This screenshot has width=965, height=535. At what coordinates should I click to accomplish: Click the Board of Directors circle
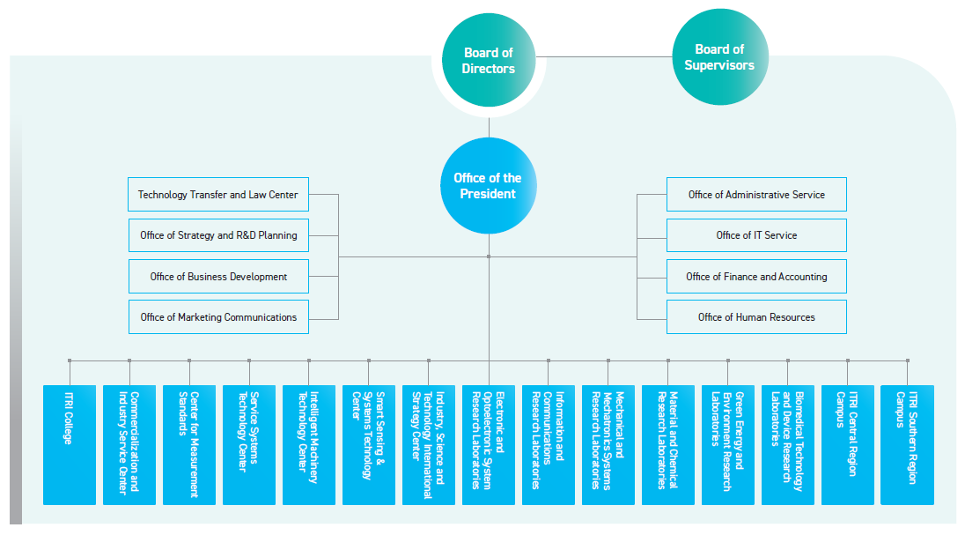coord(488,60)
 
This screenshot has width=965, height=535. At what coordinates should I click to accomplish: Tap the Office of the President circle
coord(488,186)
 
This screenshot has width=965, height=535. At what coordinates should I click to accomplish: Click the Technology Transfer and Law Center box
coord(218,195)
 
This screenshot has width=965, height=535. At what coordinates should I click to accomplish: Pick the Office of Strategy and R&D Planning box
coord(218,235)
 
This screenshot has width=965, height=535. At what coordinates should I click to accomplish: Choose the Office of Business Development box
coord(218,277)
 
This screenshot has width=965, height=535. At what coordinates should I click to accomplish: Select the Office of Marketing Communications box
coord(218,317)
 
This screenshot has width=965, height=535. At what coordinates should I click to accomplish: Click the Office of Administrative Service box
coord(756,195)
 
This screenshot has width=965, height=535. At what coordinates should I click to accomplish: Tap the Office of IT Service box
coord(756,235)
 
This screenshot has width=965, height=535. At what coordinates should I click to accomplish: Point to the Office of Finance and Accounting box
coord(756,277)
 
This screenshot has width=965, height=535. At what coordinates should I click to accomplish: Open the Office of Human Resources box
coord(756,317)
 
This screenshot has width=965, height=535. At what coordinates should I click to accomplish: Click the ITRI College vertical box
coord(70,444)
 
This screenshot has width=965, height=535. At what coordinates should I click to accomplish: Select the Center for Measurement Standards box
coord(189,444)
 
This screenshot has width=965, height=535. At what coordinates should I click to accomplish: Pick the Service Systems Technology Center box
coord(249,444)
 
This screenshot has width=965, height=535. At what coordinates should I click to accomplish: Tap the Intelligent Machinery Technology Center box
coord(309,444)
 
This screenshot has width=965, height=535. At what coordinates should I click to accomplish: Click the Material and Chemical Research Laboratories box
coord(668,444)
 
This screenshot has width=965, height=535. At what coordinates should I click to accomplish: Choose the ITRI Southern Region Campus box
coord(908,444)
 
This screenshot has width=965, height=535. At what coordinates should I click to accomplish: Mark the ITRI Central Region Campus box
coord(848,444)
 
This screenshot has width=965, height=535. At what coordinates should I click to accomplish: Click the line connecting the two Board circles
coord(608,58)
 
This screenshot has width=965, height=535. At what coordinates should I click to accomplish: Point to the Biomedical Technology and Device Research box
coord(788,444)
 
